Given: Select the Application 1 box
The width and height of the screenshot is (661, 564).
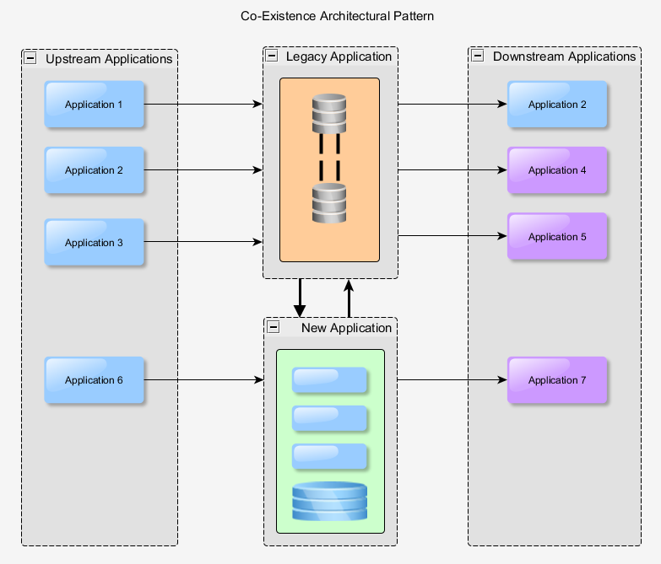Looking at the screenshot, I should (x=95, y=105).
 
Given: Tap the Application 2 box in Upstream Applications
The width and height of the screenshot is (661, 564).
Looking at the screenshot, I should (x=95, y=170).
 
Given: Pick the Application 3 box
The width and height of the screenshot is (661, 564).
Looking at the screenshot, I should (x=95, y=243).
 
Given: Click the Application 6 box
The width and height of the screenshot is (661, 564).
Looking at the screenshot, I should (x=95, y=380).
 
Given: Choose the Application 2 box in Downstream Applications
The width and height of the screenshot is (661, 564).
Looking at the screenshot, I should (x=557, y=105).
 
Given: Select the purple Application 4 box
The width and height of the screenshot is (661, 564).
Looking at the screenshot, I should (x=557, y=170).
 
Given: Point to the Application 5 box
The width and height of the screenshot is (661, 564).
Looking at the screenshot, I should (x=557, y=237).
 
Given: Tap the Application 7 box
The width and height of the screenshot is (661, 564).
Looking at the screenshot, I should (x=557, y=380).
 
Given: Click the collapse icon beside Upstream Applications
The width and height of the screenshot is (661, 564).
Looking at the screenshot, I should (x=31, y=59).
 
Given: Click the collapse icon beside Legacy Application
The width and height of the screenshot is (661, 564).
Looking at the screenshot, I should (x=272, y=56).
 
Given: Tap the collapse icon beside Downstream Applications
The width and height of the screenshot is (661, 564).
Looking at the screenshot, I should (x=478, y=56).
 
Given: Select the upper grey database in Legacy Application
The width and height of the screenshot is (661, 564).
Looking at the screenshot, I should (x=329, y=113).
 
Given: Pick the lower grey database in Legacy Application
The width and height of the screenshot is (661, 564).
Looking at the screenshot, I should (x=329, y=202).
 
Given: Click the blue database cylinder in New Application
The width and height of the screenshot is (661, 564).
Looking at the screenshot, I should (x=329, y=501).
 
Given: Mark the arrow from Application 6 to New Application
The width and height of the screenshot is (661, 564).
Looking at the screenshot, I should (x=203, y=380).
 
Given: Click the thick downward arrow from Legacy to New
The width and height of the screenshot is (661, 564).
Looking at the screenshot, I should (x=299, y=298).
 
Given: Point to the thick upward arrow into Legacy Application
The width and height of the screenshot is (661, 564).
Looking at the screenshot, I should (x=349, y=298).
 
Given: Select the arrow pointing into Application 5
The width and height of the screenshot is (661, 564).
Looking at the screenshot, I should (x=452, y=237).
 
